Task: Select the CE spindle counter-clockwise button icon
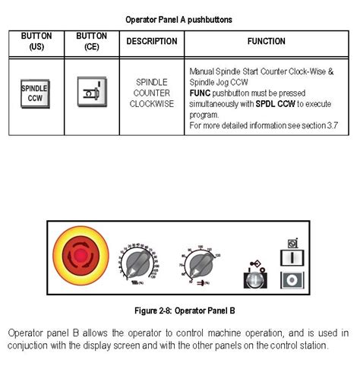[90, 93]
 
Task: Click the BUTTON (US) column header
[36, 42]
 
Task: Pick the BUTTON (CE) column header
[91, 42]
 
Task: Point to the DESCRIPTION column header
[151, 42]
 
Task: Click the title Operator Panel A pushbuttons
[179, 18]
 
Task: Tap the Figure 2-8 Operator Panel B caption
[179, 311]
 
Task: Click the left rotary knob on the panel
[137, 263]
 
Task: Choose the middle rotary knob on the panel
[199, 263]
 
